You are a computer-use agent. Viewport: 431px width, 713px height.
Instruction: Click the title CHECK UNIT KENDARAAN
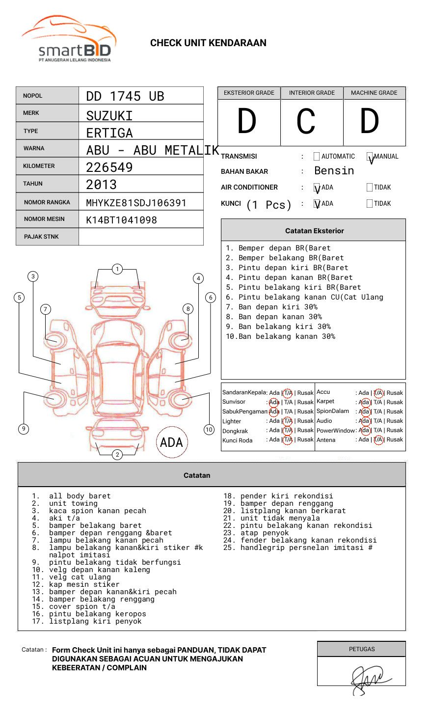click(208, 43)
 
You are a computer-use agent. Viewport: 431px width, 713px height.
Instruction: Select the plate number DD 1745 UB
click(125, 96)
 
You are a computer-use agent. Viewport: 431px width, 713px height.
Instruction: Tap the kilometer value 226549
click(109, 167)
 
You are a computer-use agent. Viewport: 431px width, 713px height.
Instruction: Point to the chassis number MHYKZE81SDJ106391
click(136, 203)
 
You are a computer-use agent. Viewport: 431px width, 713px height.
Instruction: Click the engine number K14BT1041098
click(122, 220)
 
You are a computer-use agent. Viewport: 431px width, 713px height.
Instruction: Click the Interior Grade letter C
click(306, 122)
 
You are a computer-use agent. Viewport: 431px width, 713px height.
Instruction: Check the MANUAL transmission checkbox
click(370, 157)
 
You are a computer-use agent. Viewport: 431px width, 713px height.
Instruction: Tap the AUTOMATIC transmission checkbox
click(317, 157)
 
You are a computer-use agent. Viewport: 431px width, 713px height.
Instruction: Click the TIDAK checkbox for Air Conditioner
click(370, 188)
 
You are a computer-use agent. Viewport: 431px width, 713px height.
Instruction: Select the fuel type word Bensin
click(334, 171)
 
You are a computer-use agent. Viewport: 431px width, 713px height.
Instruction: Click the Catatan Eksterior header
click(314, 231)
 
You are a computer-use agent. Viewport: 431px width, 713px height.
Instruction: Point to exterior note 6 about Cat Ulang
click(304, 297)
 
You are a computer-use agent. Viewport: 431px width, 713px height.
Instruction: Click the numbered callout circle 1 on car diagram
click(117, 269)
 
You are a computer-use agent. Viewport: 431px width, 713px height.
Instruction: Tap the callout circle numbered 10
click(209, 430)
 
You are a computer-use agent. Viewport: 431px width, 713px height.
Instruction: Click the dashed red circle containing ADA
click(172, 442)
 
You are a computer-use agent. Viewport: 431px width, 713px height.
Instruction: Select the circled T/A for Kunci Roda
click(288, 440)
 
